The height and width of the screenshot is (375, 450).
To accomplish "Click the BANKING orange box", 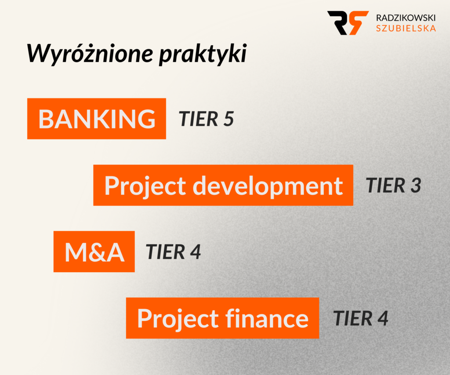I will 97,119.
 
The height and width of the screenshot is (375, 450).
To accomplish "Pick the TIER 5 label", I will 206,119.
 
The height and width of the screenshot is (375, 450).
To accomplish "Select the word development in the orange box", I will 268,186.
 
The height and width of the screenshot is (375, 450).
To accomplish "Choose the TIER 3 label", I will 393,186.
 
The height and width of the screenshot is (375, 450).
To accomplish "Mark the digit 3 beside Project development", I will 416,186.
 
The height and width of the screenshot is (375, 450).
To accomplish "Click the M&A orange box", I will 94,252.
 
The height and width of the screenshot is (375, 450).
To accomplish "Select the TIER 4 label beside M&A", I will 173,252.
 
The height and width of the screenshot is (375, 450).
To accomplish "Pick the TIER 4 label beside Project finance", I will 361,318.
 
